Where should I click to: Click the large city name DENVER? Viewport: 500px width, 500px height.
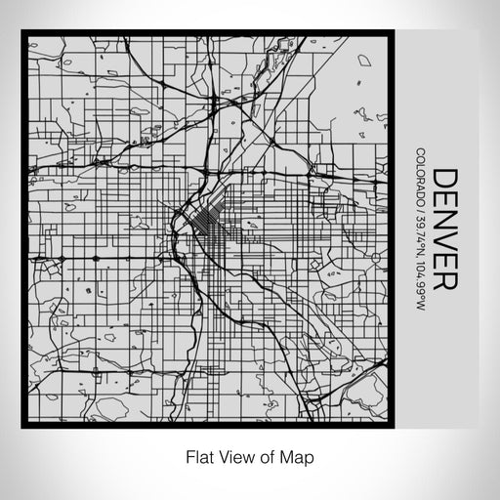point(445,229)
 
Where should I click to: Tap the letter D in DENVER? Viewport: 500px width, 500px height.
point(445,179)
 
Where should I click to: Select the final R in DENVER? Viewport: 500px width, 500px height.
point(445,280)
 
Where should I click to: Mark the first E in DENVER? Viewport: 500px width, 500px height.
point(445,199)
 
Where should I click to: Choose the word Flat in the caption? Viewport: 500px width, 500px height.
point(197,456)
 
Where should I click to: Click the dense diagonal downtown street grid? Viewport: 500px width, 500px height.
point(209,228)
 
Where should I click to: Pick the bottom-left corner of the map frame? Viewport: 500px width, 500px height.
point(24,426)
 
